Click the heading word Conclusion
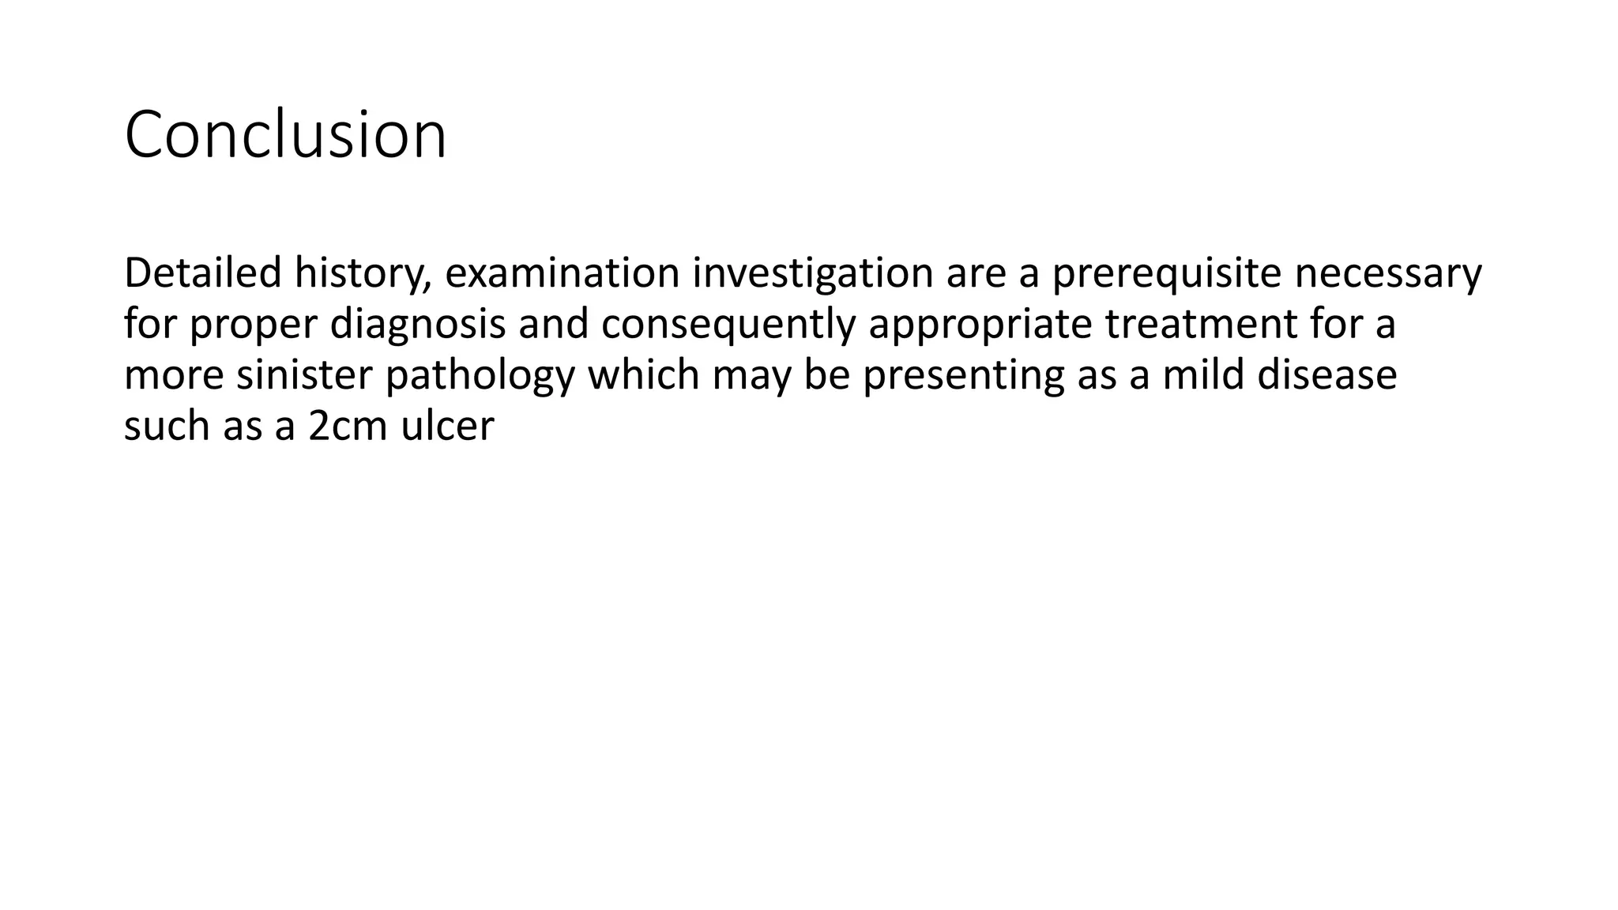tap(285, 135)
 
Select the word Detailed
tap(202, 273)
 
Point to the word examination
tap(562, 273)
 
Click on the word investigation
tap(813, 274)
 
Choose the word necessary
tap(1388, 274)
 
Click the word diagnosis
tap(417, 325)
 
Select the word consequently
tap(728, 325)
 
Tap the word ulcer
tap(447, 427)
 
